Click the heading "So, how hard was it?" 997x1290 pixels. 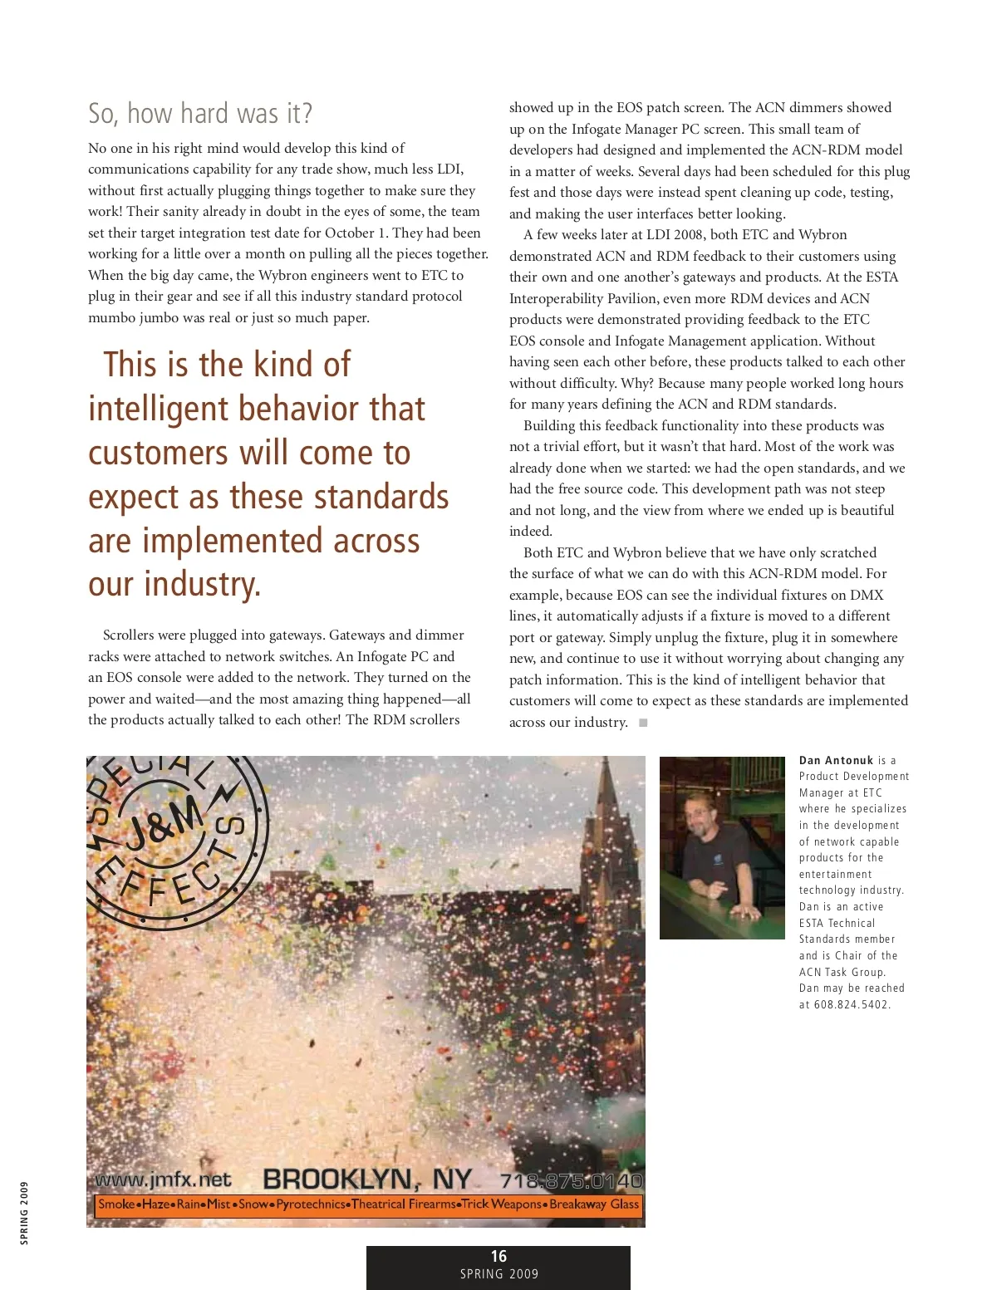click(200, 114)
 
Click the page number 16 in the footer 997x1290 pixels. click(498, 1257)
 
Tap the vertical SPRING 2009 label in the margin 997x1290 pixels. click(24, 1213)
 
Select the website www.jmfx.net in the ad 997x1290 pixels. click(163, 1180)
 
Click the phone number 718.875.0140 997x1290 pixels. click(571, 1180)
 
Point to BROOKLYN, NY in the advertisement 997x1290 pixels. click(366, 1180)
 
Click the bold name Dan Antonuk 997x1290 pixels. click(836, 760)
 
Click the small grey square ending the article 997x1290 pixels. click(643, 723)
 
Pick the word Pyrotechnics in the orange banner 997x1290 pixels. click(312, 1204)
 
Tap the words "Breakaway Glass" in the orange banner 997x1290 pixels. click(594, 1204)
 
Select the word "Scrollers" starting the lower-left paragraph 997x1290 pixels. click(131, 635)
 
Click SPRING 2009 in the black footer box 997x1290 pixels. click(498, 1274)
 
